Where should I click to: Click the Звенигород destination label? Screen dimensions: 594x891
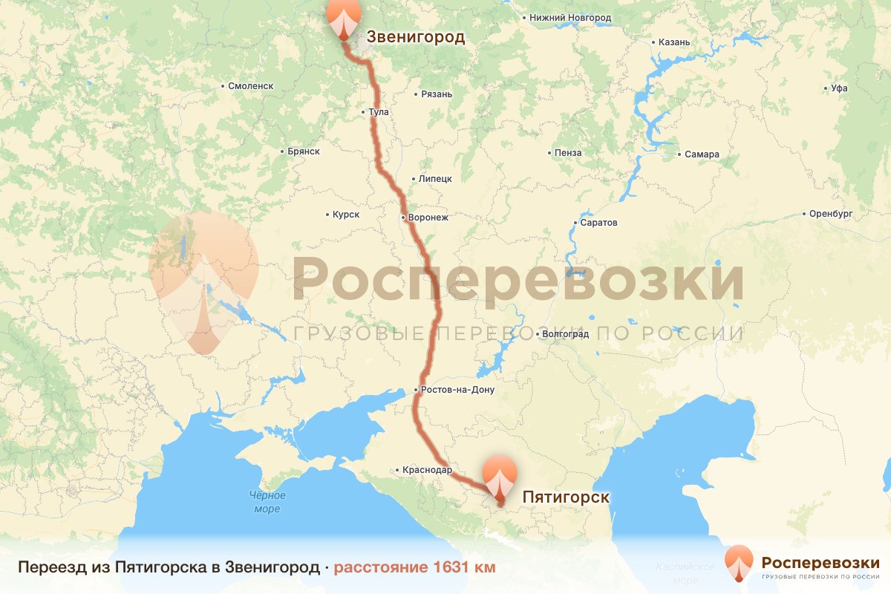coord(416,38)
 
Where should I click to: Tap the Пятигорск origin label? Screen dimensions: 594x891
coord(566,497)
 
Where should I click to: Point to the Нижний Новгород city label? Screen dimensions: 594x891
coord(570,17)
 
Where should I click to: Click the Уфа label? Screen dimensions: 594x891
coord(839,88)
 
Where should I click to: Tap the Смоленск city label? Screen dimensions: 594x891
coord(250,86)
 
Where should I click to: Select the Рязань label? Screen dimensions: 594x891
coord(437,94)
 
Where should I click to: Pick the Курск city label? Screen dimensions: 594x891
coord(346,215)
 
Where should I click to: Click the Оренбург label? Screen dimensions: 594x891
coord(832,214)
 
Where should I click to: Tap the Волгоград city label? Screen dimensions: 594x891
coord(566,334)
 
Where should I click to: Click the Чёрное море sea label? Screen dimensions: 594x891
coord(267,502)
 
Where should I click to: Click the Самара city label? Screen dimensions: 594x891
coord(702,154)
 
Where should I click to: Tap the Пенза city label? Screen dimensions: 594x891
coord(568,153)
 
